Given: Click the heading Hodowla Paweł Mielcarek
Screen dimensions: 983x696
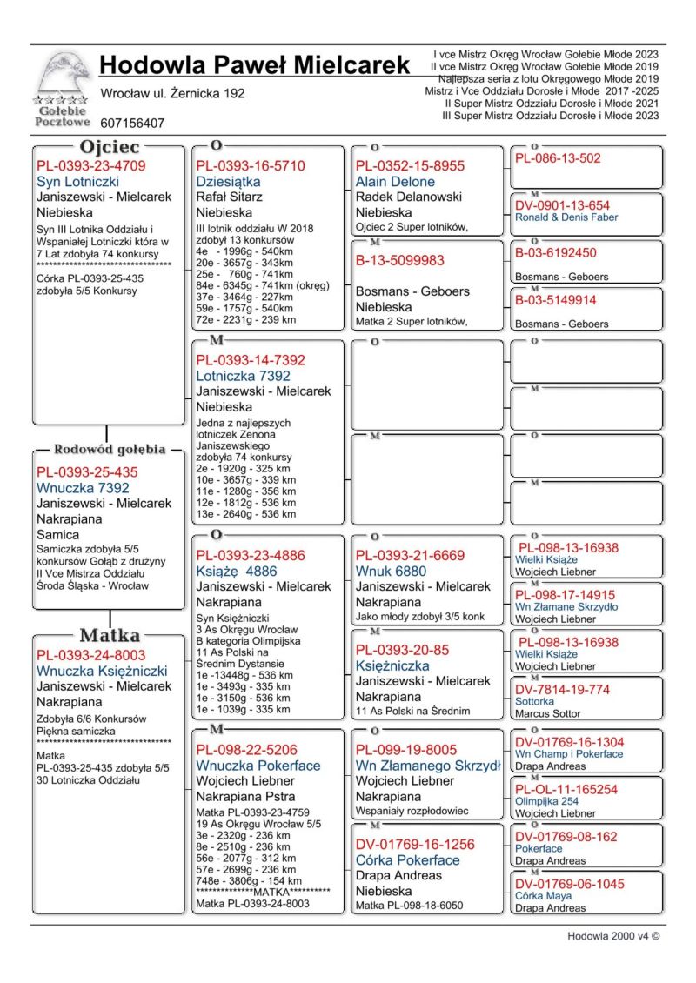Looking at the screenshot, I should (254, 65).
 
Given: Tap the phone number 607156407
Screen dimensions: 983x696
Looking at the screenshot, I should (132, 124).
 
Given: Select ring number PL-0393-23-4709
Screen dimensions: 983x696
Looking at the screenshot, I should (91, 166).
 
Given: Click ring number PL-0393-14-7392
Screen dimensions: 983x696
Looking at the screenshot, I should (251, 360).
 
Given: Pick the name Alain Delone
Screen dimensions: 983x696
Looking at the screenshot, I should (395, 182).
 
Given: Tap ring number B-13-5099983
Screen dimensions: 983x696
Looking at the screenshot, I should (399, 260).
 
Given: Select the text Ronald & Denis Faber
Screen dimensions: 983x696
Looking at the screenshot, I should (566, 217).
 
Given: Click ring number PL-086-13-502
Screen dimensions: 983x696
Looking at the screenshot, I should (558, 158).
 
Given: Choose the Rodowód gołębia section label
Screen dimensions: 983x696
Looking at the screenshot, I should (110, 450).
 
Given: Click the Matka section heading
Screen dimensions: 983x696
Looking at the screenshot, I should (110, 634).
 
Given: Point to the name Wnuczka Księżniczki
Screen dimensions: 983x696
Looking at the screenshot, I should (102, 672).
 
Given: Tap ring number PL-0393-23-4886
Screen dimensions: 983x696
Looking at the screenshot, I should (251, 555).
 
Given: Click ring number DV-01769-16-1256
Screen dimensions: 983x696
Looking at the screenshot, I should (415, 844).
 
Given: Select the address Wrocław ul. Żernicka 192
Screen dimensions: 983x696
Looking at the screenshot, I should (172, 93).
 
